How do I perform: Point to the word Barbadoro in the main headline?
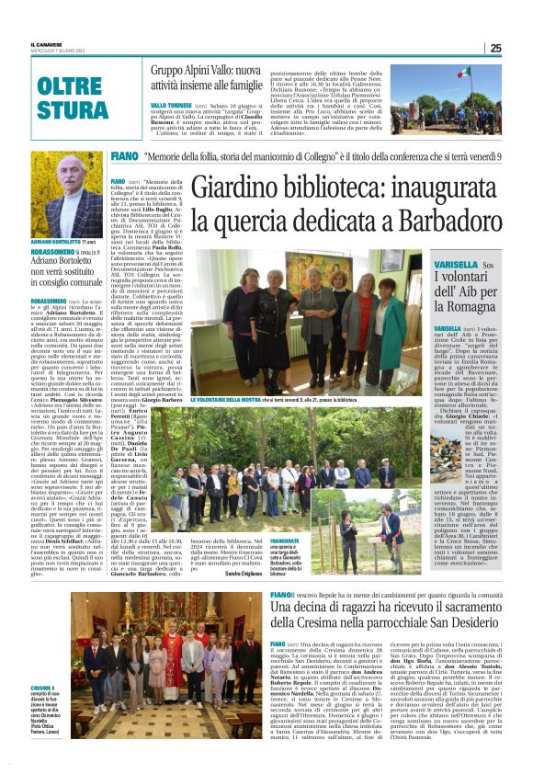tap(441, 222)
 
